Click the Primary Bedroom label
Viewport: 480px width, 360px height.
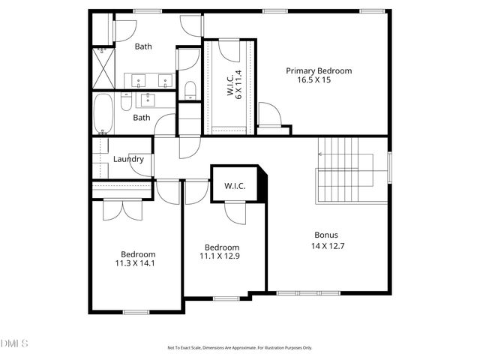point(318,70)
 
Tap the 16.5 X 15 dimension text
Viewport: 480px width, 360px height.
point(318,80)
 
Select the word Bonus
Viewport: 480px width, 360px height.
point(326,234)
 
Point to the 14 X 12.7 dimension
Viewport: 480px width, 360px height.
point(327,245)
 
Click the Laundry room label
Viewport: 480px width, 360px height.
point(128,159)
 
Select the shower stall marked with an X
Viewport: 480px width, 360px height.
point(102,67)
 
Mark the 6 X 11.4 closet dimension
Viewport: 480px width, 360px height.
point(239,84)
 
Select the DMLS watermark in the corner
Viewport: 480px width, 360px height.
point(14,343)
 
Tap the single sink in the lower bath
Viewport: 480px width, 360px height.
point(147,98)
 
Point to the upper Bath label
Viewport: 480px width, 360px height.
point(143,46)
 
